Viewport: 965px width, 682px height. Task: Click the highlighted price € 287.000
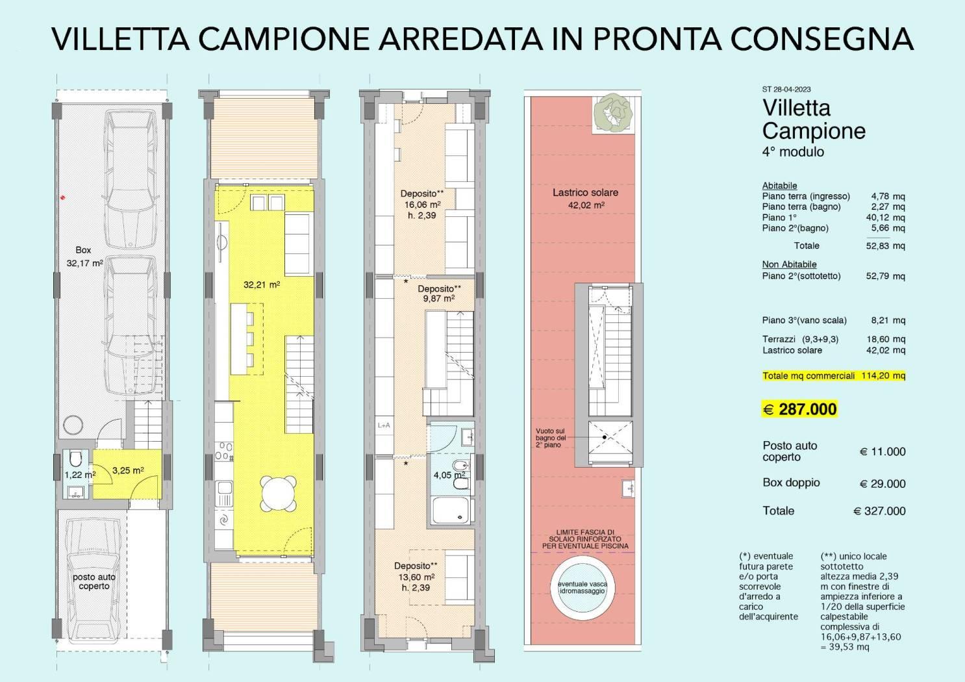click(x=799, y=409)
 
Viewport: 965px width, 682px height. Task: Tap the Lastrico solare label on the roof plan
click(x=586, y=199)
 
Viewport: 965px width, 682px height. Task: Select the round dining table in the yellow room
click(x=278, y=493)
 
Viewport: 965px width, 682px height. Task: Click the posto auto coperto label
click(x=94, y=581)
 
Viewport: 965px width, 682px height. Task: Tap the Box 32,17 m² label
click(x=84, y=257)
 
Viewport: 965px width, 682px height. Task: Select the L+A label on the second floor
click(x=384, y=425)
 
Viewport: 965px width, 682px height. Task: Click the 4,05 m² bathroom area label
click(x=449, y=475)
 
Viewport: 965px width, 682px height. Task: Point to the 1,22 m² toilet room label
click(x=80, y=475)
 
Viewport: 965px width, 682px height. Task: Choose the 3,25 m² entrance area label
click(x=128, y=471)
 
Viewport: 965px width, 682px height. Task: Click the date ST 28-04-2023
click(x=786, y=90)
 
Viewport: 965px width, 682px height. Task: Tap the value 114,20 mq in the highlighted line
click(x=883, y=375)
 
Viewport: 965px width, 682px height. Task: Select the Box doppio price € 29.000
click(x=883, y=484)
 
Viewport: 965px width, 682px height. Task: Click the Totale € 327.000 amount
click(x=879, y=511)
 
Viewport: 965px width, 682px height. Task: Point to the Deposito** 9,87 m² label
click(x=439, y=294)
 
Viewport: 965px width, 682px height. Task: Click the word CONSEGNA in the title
click(x=822, y=39)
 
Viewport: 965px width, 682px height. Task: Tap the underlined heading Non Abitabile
click(x=789, y=264)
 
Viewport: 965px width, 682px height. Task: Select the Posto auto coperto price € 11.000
click(x=883, y=452)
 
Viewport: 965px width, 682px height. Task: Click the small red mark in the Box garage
click(x=63, y=197)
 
